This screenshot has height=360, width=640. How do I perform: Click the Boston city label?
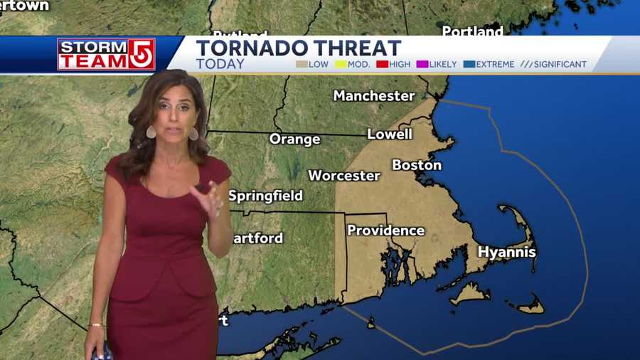pos(417,165)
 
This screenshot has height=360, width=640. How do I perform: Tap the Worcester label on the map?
pos(344,175)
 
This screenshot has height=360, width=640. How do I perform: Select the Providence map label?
pos(385,231)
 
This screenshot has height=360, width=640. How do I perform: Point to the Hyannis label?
pos(506,252)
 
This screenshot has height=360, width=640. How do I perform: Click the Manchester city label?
pos(374,95)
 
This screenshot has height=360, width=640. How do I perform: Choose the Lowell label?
pos(390,134)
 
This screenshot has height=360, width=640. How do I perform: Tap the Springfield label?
pos(265,196)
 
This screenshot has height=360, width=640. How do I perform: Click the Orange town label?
pos(294,139)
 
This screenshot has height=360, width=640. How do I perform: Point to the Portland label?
pos(472,32)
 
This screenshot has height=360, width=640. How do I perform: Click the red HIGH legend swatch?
pos(382,64)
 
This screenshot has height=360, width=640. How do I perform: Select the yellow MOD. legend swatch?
pos(341,64)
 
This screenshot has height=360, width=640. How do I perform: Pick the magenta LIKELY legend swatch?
pos(422,64)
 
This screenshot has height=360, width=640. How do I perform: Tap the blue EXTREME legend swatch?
pos(469,64)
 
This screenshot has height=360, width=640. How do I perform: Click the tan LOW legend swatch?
pos(302,64)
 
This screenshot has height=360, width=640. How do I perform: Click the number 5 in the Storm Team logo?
pos(141,54)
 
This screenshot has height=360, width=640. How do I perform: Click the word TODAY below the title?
pos(220,64)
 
